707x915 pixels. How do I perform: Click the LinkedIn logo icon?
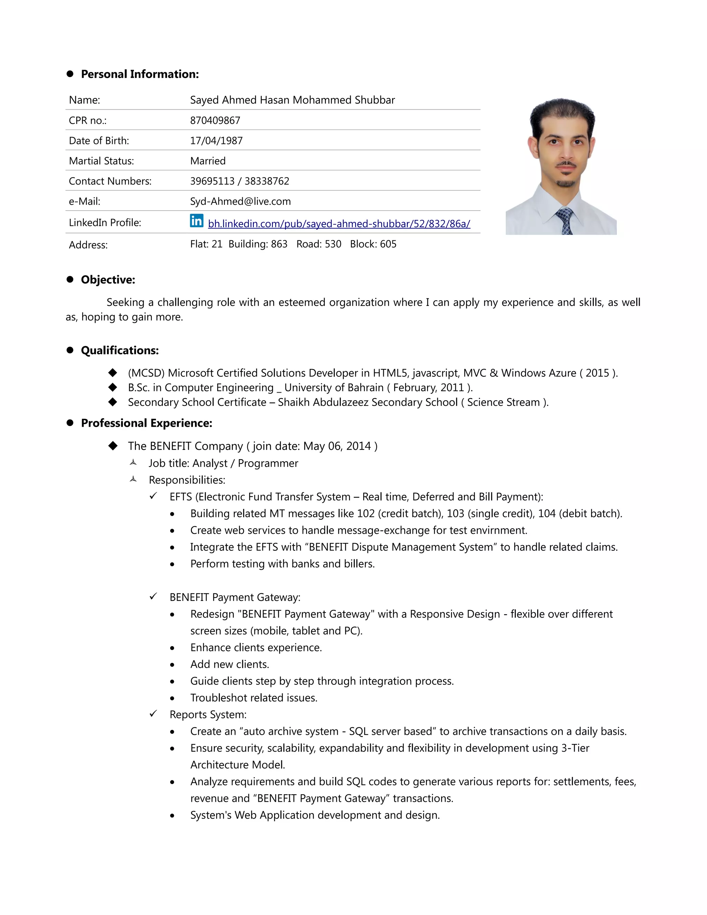(196, 220)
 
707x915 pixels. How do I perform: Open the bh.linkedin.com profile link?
(339, 224)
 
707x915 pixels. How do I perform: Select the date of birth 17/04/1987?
(216, 141)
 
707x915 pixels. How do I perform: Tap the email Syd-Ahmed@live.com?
(240, 202)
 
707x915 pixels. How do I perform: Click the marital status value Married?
(208, 161)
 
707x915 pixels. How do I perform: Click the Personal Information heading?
(139, 74)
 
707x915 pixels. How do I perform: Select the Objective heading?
(108, 280)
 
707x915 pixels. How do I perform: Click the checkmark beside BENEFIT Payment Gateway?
(153, 596)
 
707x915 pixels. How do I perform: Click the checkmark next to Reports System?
(153, 713)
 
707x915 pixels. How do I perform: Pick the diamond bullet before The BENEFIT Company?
(113, 446)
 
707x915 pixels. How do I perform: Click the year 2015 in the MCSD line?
(597, 373)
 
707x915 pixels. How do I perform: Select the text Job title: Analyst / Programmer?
(223, 463)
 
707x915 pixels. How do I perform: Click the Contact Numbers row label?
(110, 181)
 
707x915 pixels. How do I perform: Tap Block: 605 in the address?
(373, 244)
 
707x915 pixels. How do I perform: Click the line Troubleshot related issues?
(253, 698)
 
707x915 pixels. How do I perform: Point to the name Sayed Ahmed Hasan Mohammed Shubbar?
(292, 100)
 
